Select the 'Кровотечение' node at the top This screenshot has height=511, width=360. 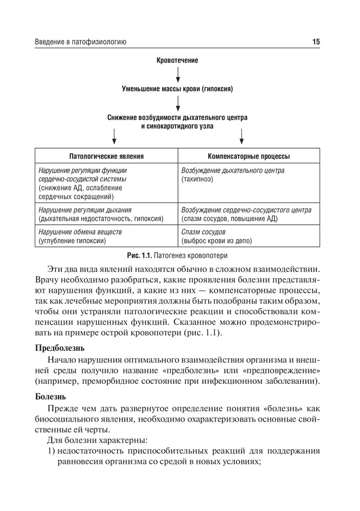(x=177, y=60)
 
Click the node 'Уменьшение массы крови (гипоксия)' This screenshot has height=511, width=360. (x=177, y=89)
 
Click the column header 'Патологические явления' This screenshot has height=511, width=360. (x=106, y=156)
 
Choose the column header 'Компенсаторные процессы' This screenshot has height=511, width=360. (x=249, y=156)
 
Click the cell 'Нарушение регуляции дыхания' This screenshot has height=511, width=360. (x=106, y=214)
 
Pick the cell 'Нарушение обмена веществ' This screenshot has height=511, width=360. (x=106, y=236)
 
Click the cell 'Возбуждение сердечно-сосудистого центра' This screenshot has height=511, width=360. (x=249, y=214)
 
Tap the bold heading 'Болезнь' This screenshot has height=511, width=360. (x=51, y=397)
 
